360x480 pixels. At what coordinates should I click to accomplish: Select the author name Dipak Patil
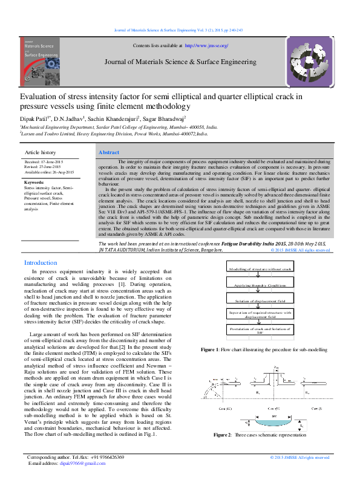34,120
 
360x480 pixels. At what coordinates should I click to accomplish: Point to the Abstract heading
109,153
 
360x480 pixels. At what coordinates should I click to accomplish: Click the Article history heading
40,153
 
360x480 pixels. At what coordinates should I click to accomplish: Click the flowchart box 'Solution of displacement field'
260,299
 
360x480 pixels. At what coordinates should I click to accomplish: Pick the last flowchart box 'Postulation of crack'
260,330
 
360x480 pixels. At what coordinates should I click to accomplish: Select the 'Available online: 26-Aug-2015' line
50,172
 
